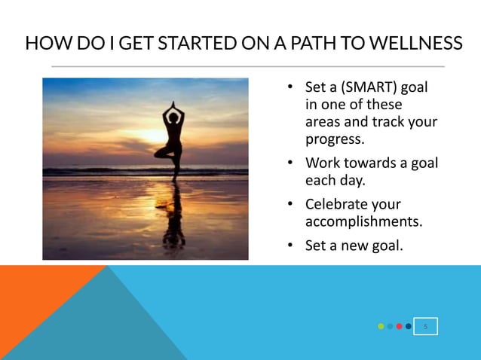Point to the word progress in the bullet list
[x=335, y=139]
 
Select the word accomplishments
[x=363, y=222]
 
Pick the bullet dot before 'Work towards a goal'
[x=290, y=163]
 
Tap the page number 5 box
[x=426, y=327]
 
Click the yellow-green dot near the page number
[x=381, y=327]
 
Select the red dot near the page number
[x=399, y=327]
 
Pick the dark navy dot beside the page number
[x=408, y=327]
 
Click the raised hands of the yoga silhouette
[x=173, y=105]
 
